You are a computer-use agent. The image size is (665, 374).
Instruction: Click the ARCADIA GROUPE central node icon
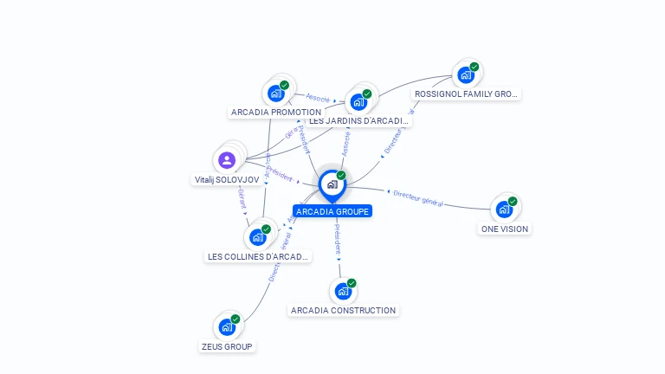[x=332, y=184]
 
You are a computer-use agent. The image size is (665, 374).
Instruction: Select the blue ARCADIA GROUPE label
[x=332, y=211]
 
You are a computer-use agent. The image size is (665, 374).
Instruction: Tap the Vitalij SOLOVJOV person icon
[x=227, y=160]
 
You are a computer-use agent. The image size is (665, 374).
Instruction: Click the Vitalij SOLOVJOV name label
[x=227, y=180]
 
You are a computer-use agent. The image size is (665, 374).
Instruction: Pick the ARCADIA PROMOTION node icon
[x=275, y=93]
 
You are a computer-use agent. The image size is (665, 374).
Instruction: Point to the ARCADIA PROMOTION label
[x=276, y=113]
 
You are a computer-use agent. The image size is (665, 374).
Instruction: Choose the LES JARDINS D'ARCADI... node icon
[x=358, y=101]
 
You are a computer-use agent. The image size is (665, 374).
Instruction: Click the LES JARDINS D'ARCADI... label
[x=358, y=121]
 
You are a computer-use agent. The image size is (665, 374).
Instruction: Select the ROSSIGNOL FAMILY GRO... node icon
[x=466, y=74]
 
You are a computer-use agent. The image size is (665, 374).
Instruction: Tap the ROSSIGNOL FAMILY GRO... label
[x=467, y=93]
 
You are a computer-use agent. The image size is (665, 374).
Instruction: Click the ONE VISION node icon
[x=504, y=209]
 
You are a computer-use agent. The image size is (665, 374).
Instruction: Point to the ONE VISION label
[x=504, y=229]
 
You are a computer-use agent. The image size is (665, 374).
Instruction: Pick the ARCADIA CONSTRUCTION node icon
[x=343, y=291]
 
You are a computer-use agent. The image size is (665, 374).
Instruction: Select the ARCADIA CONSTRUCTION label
[x=344, y=311]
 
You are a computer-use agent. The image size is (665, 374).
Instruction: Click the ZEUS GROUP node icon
[x=227, y=327]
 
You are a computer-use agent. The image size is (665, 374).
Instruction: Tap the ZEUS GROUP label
[x=227, y=347]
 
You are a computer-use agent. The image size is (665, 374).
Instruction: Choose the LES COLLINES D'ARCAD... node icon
[x=257, y=236]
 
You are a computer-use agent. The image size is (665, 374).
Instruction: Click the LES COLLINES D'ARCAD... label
[x=258, y=257]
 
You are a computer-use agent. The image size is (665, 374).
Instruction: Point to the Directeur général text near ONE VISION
[x=418, y=198]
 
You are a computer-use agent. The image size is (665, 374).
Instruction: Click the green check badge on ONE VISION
[x=513, y=201]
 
